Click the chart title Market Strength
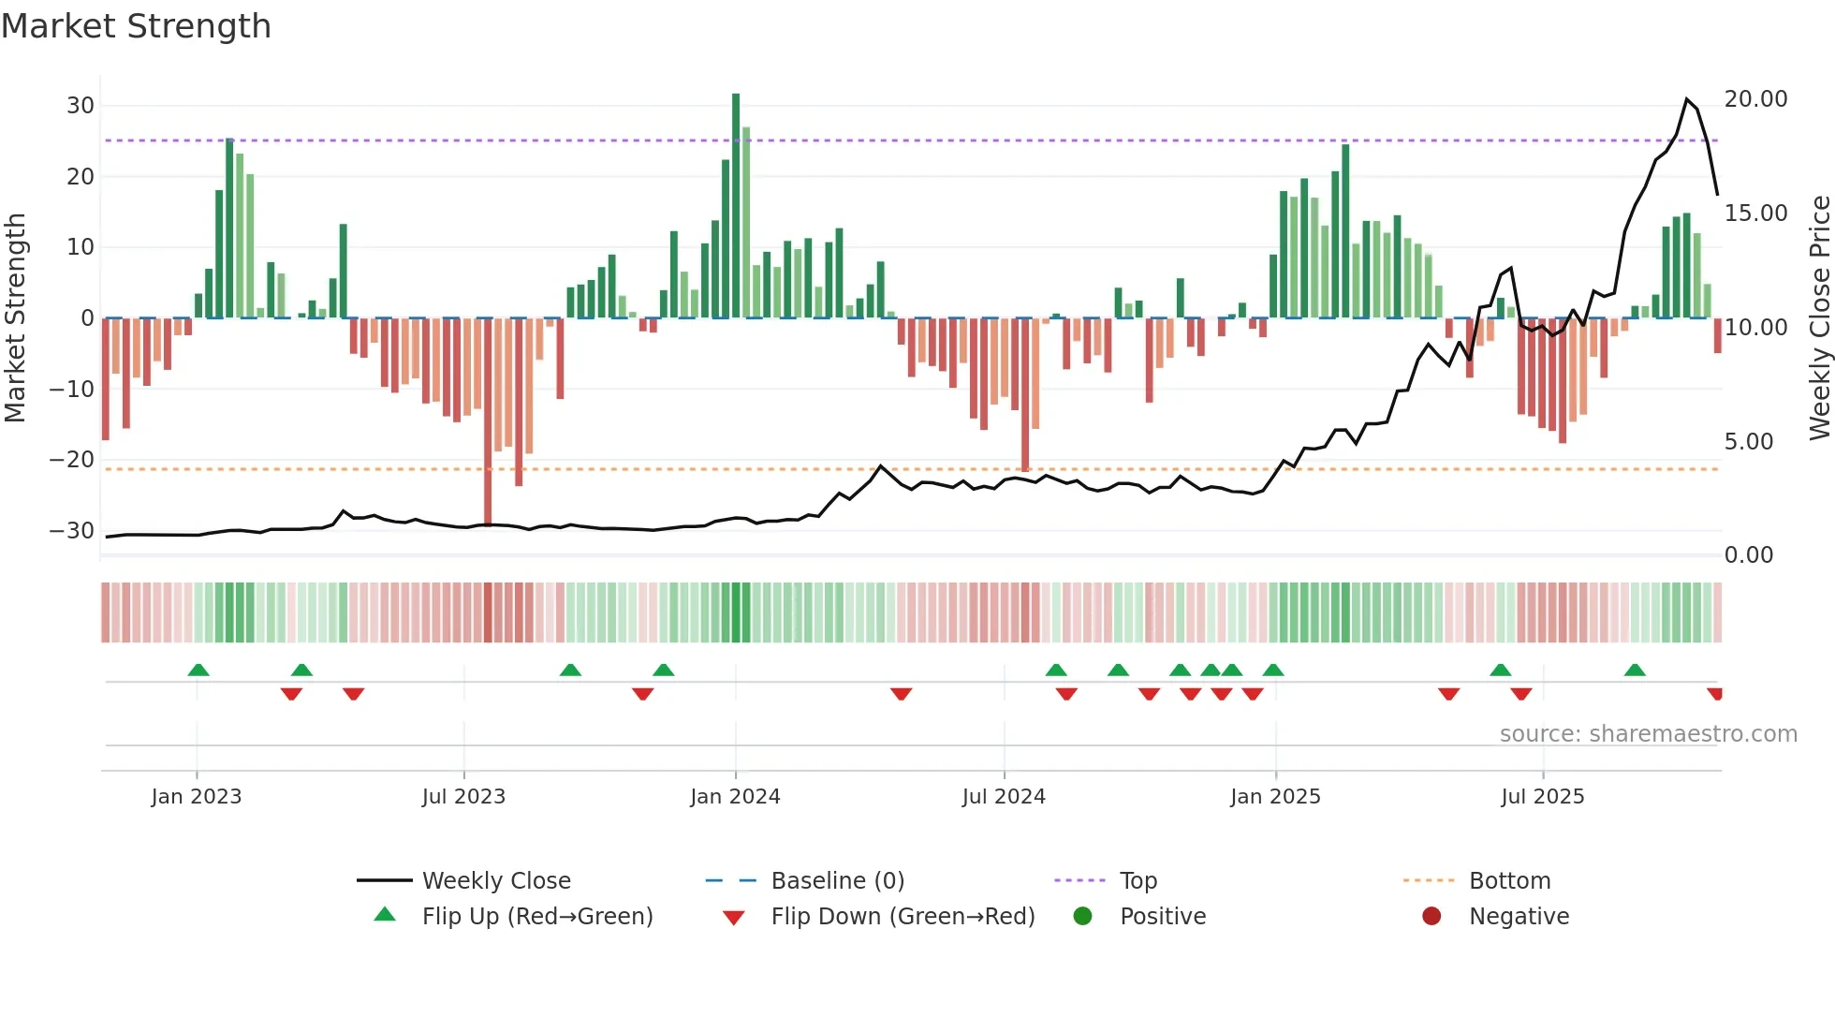pyautogui.click(x=136, y=26)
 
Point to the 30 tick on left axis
pyautogui.click(x=81, y=106)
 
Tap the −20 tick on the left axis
pyautogui.click(x=73, y=460)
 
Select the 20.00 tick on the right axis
pyautogui.click(x=1755, y=99)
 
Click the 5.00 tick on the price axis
pyautogui.click(x=1748, y=442)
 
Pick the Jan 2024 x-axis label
pyautogui.click(x=735, y=797)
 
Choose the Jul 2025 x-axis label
pyautogui.click(x=1542, y=797)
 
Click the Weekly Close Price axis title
pyautogui.click(x=1819, y=318)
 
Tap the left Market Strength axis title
pyautogui.click(x=15, y=318)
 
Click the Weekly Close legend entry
pyautogui.click(x=495, y=881)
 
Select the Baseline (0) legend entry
pyautogui.click(x=837, y=881)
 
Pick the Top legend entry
pyautogui.click(x=1138, y=881)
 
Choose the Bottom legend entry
pyautogui.click(x=1509, y=881)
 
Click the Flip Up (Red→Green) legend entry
pyautogui.click(x=536, y=917)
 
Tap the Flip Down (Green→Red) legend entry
pyautogui.click(x=903, y=917)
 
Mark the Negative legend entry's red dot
pyautogui.click(x=1431, y=917)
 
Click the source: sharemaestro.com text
pyautogui.click(x=1648, y=734)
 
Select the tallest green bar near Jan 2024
pyautogui.click(x=736, y=206)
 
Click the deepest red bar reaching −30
pyautogui.click(x=488, y=421)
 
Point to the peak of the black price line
pyautogui.click(x=1687, y=99)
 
